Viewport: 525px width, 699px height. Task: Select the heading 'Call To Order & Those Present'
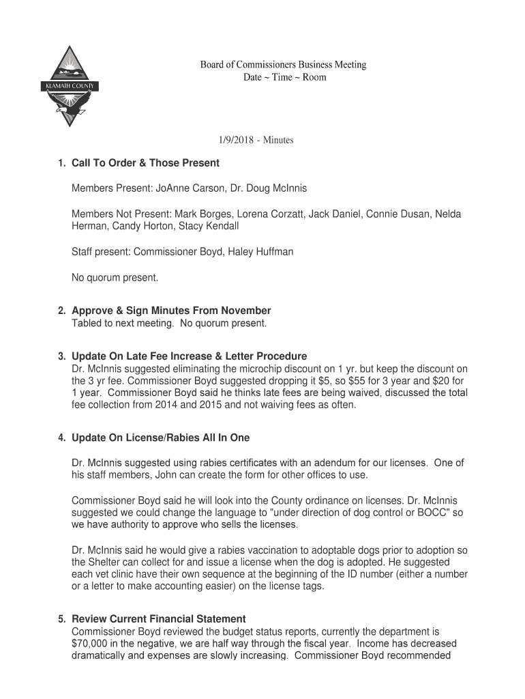pyautogui.click(x=145, y=162)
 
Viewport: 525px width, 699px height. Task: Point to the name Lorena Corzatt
pyautogui.click(x=270, y=214)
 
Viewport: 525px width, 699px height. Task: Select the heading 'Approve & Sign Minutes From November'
pyautogui.click(x=171, y=311)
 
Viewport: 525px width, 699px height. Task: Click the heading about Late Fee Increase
pyautogui.click(x=190, y=356)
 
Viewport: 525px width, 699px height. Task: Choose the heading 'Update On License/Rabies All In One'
pyautogui.click(x=161, y=437)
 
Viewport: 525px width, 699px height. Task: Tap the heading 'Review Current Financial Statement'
pyautogui.click(x=159, y=619)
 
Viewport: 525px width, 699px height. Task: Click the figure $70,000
pyautogui.click(x=94, y=644)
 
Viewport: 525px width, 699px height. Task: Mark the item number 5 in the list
pyautogui.click(x=61, y=619)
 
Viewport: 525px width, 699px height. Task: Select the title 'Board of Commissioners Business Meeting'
pyautogui.click(x=283, y=65)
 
